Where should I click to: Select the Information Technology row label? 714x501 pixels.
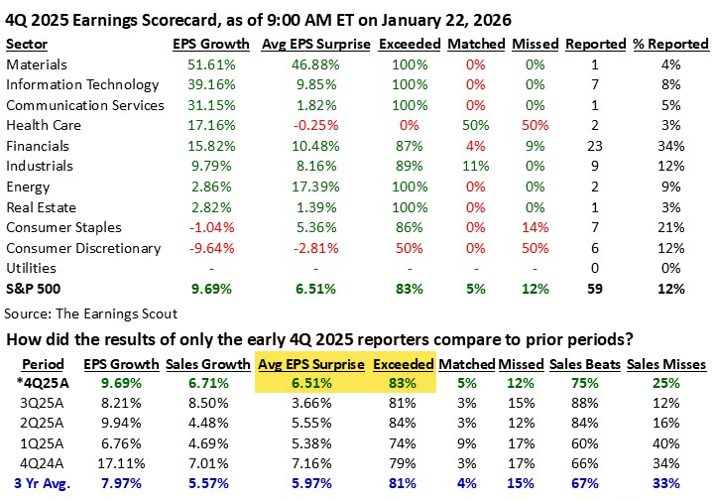click(x=82, y=85)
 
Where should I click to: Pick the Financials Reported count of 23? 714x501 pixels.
click(x=595, y=146)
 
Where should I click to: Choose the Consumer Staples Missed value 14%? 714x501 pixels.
click(x=535, y=227)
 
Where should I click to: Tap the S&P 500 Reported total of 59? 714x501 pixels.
click(x=595, y=289)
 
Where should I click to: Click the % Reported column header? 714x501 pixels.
click(x=672, y=45)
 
